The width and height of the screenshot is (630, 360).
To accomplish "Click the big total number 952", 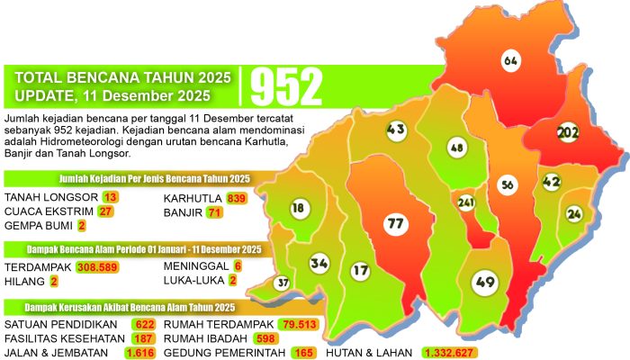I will [286, 87].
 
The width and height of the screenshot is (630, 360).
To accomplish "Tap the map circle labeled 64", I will [510, 61].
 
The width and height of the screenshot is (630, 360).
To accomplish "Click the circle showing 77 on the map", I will [393, 221].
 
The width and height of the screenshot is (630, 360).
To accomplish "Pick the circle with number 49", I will [485, 283].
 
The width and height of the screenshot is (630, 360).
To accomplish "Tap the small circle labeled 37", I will [283, 283].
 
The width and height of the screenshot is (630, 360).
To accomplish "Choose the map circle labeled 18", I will [298, 208].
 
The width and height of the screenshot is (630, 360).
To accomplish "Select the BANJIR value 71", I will [213, 212].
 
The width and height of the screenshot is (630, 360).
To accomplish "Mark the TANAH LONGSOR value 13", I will [111, 197].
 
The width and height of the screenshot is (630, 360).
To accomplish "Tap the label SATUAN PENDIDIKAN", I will [51, 324].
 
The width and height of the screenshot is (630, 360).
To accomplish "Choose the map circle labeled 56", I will [508, 184].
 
